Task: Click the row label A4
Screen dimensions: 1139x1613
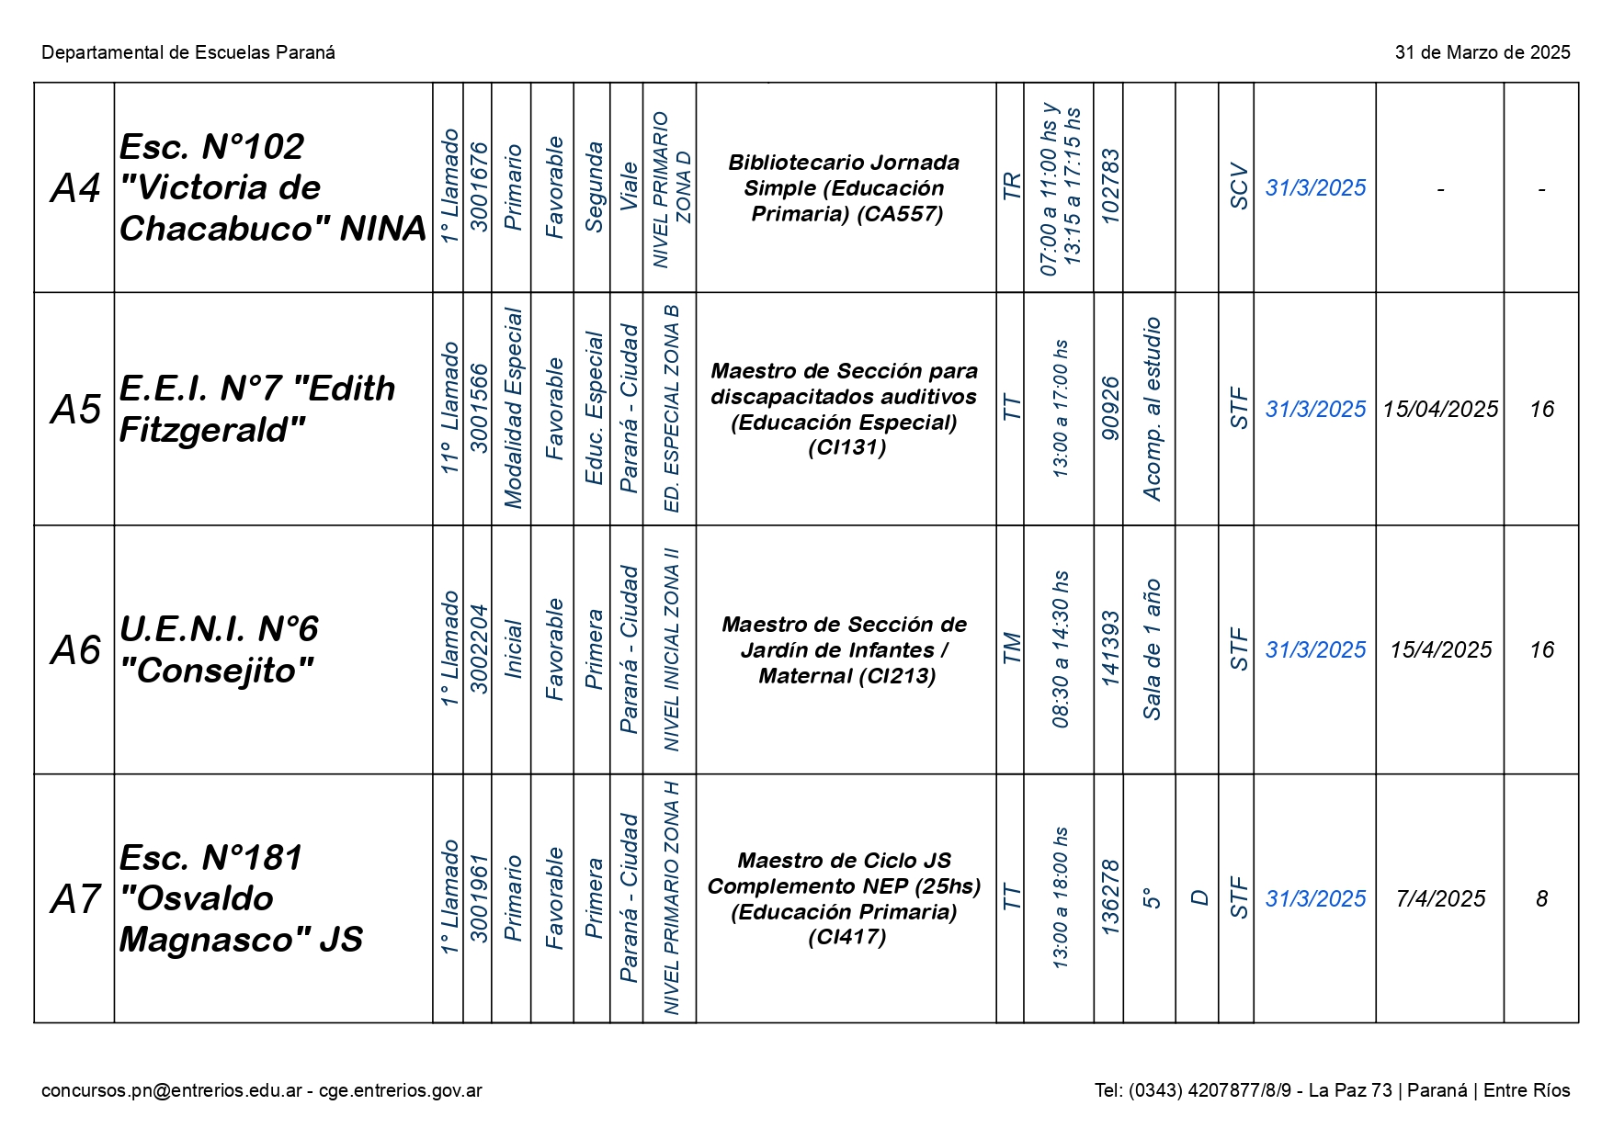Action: tap(75, 188)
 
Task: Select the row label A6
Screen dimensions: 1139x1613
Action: tap(75, 650)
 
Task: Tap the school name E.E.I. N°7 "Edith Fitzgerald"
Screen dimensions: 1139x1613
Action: tap(257, 409)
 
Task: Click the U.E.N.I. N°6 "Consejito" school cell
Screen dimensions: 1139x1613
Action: tap(219, 649)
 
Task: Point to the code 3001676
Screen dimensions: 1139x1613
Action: tap(479, 186)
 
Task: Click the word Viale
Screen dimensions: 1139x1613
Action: tap(628, 186)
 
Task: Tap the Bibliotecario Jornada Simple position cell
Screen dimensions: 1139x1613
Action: tap(845, 188)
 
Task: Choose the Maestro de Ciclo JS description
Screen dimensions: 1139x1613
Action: tap(845, 898)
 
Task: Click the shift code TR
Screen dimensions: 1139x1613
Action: tap(1011, 186)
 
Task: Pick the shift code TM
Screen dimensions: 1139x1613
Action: tap(1011, 648)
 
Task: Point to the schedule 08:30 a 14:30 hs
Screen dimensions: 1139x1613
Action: tap(1061, 648)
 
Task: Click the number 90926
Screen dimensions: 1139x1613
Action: tap(1109, 409)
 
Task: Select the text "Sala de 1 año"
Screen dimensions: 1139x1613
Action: tap(1151, 648)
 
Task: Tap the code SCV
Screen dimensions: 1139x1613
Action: tap(1238, 186)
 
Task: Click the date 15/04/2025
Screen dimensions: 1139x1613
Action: tap(1440, 410)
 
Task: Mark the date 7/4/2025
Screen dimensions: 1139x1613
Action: tap(1440, 899)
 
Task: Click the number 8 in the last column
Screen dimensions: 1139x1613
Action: tap(1541, 899)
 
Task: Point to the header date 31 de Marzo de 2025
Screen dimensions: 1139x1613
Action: tap(1482, 52)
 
